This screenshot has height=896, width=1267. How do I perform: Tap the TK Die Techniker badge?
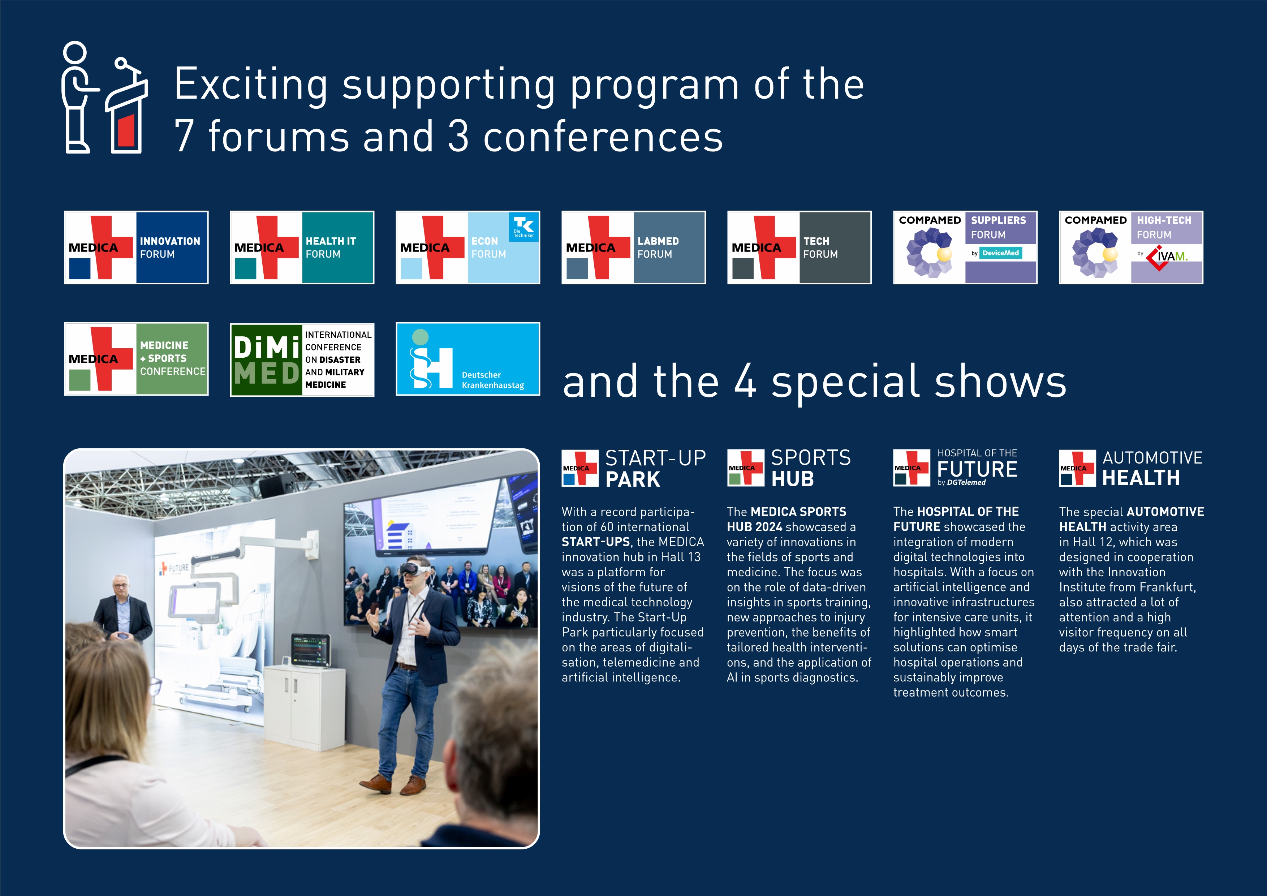523,227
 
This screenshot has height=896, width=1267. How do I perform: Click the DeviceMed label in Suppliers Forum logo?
1000,253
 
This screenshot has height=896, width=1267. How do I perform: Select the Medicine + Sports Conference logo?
136,359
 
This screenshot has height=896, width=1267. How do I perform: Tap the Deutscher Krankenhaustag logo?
468,359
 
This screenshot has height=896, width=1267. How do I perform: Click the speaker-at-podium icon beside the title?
104,97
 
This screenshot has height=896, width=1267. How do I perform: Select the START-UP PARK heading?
656,469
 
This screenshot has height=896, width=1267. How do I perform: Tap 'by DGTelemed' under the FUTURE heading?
961,483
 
